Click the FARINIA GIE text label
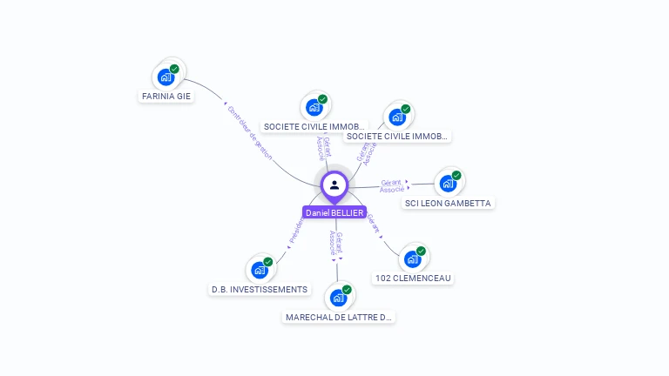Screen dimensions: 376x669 click(x=166, y=97)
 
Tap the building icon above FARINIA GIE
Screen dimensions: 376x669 click(x=166, y=77)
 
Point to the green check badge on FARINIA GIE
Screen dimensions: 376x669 click(x=174, y=69)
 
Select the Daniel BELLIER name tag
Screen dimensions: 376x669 click(x=334, y=212)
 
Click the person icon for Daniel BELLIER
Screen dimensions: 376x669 click(x=334, y=185)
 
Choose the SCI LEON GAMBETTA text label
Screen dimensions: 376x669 click(x=448, y=203)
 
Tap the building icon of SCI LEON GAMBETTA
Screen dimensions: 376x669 click(x=448, y=184)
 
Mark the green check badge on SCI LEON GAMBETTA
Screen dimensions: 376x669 click(x=456, y=175)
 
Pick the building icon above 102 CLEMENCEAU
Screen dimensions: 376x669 click(x=412, y=258)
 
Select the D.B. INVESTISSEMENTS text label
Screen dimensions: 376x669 click(x=260, y=289)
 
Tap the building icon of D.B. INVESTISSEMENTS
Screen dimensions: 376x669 click(x=260, y=270)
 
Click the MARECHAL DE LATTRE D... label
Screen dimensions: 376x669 click(x=339, y=317)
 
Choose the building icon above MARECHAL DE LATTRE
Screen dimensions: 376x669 click(x=338, y=298)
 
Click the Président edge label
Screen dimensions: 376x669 click(x=296, y=231)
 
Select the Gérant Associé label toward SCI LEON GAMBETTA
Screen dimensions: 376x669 click(x=392, y=185)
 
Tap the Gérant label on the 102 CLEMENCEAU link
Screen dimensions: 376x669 click(x=374, y=225)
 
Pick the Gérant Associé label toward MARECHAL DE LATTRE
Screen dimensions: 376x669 click(x=336, y=241)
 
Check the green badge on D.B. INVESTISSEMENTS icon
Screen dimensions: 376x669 click(x=268, y=262)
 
